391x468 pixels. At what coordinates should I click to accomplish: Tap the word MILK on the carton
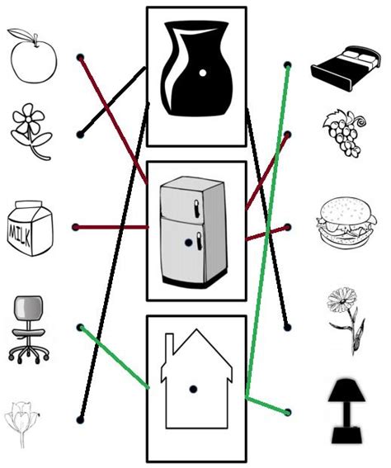(x=20, y=234)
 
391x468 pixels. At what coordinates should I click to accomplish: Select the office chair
(x=29, y=329)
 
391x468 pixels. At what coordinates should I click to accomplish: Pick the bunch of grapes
(x=345, y=133)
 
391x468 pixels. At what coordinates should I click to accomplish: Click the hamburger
(x=346, y=221)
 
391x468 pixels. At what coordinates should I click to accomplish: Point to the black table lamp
(x=346, y=411)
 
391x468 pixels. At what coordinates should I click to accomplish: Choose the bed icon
(x=346, y=68)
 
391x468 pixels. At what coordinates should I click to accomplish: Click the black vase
(x=196, y=68)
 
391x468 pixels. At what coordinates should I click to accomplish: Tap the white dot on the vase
(x=202, y=73)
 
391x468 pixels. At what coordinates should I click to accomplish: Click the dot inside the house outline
(x=193, y=389)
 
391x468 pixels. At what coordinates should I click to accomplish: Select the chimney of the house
(x=169, y=344)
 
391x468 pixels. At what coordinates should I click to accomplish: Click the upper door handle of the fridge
(x=196, y=208)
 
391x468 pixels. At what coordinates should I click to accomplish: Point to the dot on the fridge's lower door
(x=188, y=243)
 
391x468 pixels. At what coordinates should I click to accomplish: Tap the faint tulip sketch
(x=21, y=423)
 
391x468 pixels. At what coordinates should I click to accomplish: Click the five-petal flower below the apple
(x=31, y=131)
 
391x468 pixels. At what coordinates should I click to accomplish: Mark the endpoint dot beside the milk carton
(x=76, y=227)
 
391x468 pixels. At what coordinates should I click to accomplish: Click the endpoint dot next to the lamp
(x=288, y=413)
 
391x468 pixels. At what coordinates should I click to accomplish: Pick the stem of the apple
(x=36, y=40)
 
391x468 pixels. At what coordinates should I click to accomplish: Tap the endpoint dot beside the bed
(x=288, y=65)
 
